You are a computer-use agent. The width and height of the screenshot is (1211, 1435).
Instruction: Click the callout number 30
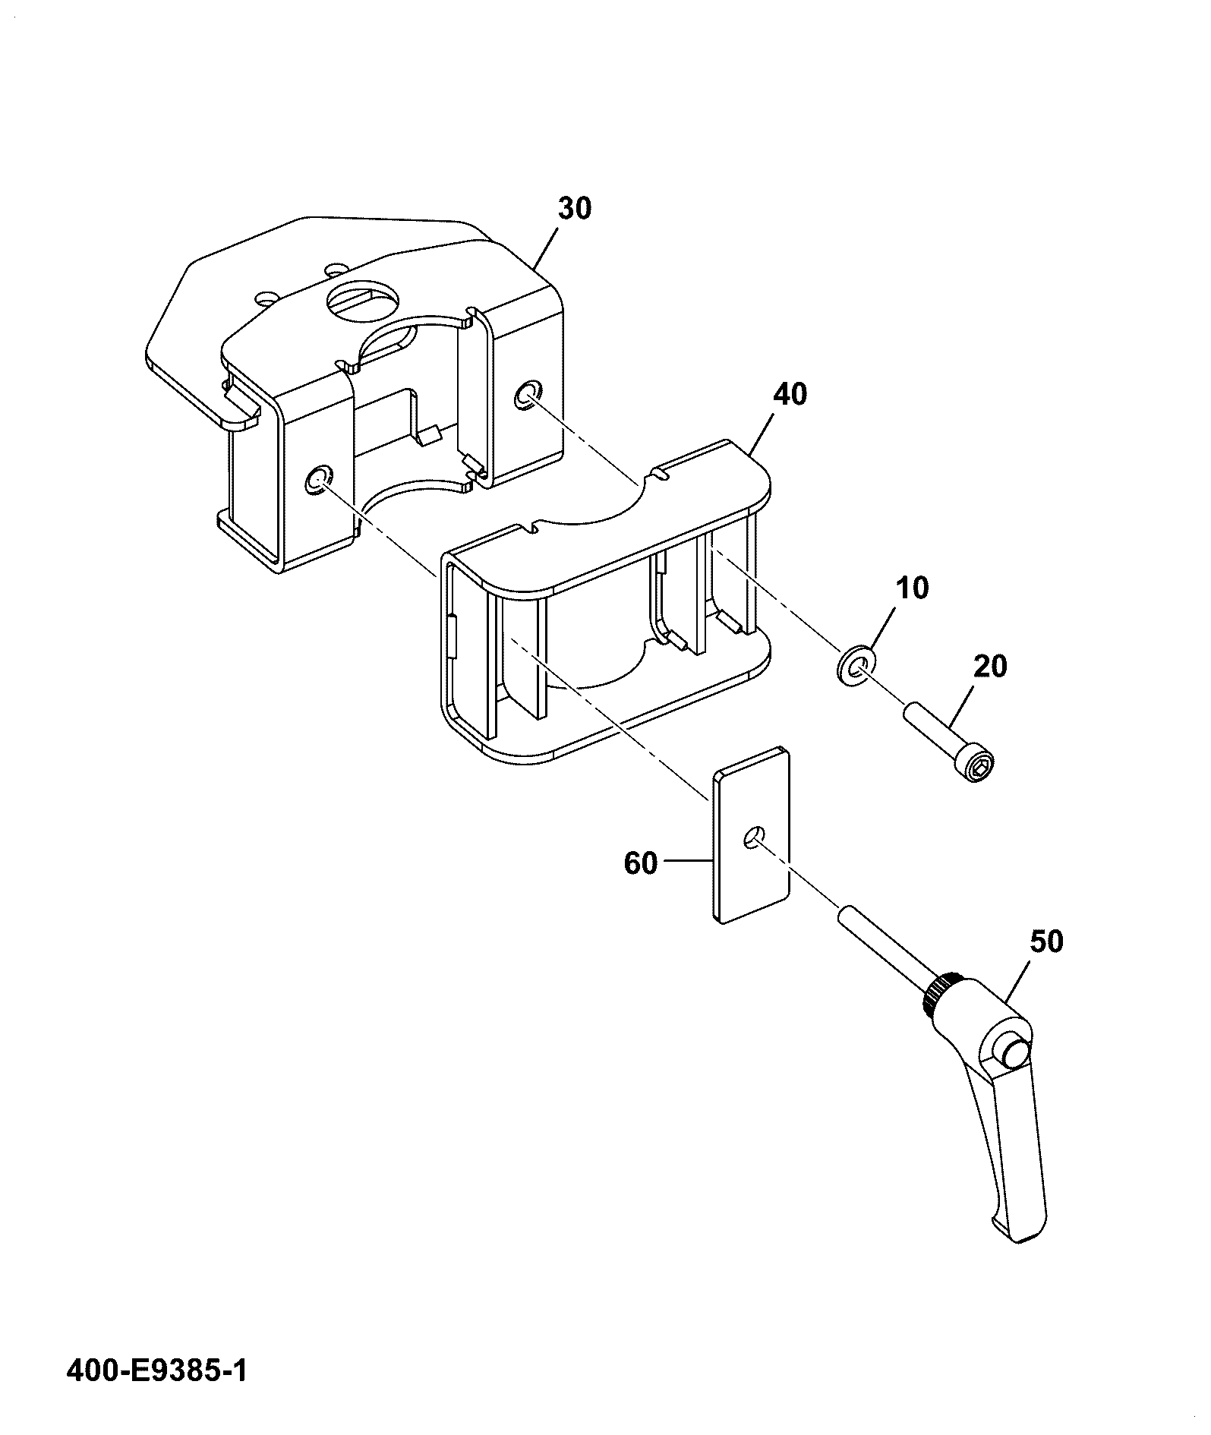574,208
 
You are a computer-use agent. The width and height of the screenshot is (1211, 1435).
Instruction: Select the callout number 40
790,395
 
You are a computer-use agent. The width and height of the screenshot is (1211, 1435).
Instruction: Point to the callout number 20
990,667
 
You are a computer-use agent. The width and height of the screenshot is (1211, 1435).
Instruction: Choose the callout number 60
641,863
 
